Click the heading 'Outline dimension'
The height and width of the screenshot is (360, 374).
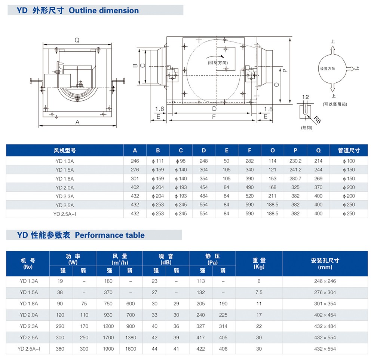(104, 10)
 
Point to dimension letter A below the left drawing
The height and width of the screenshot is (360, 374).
(78, 122)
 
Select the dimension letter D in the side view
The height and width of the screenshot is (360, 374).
(214, 109)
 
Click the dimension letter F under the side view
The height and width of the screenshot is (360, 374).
(214, 117)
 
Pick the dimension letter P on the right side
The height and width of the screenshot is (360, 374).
(285, 70)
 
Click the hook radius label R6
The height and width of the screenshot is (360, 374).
(318, 120)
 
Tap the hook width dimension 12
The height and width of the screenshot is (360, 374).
(306, 97)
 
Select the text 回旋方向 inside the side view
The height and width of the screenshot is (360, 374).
(218, 63)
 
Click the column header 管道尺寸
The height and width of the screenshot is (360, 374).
(352, 150)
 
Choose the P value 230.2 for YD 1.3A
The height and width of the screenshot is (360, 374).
(295, 161)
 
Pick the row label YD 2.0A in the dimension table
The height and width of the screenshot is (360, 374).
(65, 187)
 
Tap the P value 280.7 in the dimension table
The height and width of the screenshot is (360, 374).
(295, 179)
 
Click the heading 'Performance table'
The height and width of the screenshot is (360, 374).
(110, 235)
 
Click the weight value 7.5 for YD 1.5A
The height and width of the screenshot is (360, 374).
(259, 292)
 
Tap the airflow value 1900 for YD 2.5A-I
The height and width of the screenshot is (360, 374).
(108, 349)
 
